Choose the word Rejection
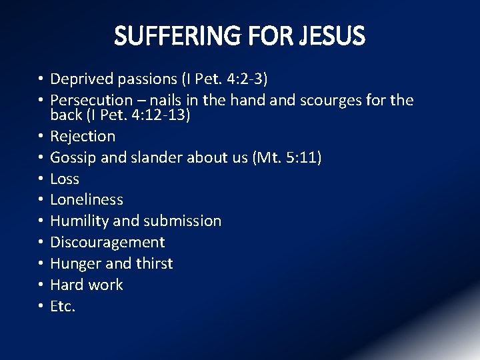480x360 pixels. pyautogui.click(x=83, y=137)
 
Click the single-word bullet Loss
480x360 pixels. pyautogui.click(x=65, y=179)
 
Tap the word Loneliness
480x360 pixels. pyautogui.click(x=87, y=200)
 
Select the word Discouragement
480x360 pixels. pyautogui.click(x=107, y=243)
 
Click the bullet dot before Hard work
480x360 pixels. pyautogui.click(x=41, y=285)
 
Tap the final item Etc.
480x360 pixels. pyautogui.click(x=63, y=307)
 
